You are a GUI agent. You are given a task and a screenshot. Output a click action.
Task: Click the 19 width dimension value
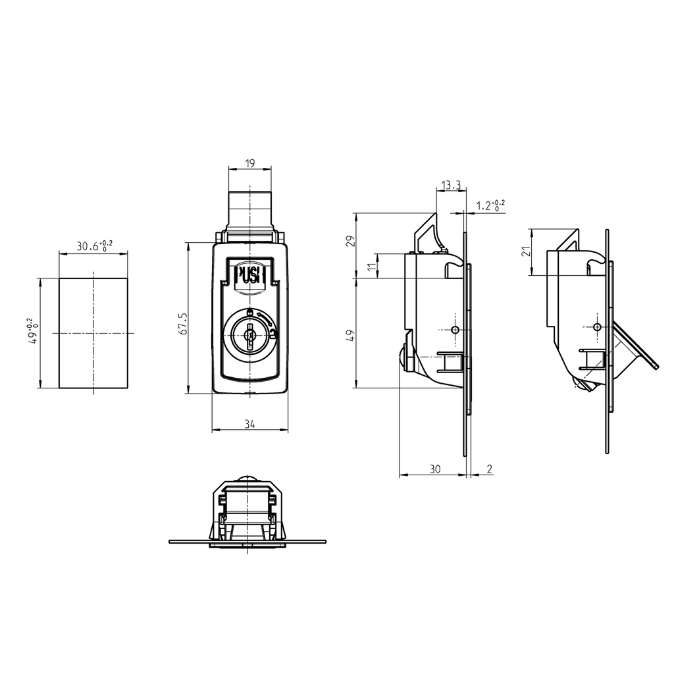coord(249,163)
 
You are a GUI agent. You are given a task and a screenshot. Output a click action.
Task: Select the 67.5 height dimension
coord(184,323)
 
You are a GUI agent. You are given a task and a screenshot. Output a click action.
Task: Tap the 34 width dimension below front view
coord(249,425)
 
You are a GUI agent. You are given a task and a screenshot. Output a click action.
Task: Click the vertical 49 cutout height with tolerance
coord(34,332)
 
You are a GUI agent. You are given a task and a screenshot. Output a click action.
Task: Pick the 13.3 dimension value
coord(451,186)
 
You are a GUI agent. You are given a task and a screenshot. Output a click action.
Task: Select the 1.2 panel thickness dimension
coord(490,205)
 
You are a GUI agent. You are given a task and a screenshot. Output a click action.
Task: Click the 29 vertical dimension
coord(350,241)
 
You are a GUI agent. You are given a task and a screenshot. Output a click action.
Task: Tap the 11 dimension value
coord(371,266)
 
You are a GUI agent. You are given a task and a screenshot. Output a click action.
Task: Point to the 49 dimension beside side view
coord(350,334)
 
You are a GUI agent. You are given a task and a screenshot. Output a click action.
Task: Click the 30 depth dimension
coord(434,469)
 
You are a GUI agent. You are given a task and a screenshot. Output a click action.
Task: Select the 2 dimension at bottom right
coord(489,469)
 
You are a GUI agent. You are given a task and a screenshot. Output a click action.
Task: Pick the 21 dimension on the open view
coord(525,252)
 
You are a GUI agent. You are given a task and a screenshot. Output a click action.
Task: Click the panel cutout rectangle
coord(93,333)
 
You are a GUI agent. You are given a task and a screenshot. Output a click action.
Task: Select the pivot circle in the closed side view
coord(455,329)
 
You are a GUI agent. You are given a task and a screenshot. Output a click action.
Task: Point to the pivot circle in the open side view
coord(597,327)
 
